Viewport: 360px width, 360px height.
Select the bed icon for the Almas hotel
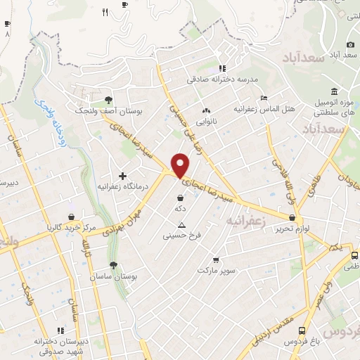(x=264, y=98)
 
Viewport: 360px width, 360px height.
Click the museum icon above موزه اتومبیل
(x=333, y=92)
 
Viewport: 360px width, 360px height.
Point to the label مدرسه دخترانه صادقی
(x=223, y=79)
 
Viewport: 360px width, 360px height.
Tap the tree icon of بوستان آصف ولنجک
(x=108, y=99)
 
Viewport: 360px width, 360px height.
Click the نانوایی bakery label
(x=206, y=121)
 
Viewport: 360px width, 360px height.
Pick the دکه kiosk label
(x=181, y=210)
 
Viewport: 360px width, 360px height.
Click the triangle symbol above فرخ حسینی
(x=181, y=225)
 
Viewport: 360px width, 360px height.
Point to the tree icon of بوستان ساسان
(x=112, y=265)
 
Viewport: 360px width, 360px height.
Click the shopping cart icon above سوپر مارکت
(x=215, y=259)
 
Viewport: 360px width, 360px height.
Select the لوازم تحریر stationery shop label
(x=292, y=229)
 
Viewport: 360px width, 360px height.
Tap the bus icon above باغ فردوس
(x=302, y=330)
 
